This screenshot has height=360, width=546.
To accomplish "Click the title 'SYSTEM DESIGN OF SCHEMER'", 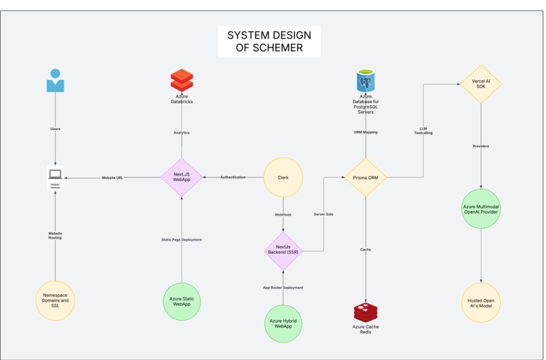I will tap(269, 41).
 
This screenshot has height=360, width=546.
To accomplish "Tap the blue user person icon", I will tap(55, 80).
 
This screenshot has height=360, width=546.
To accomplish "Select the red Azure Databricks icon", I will tap(182, 80).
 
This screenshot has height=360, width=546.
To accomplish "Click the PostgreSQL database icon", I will tap(366, 81).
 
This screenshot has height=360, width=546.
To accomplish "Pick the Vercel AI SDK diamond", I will tap(480, 84).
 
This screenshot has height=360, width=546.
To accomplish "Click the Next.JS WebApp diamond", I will tap(182, 178).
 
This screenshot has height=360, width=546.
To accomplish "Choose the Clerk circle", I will tap(283, 178).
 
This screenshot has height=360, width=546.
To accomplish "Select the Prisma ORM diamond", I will tap(366, 178).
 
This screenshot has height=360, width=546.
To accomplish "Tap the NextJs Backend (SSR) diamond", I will tap(283, 250).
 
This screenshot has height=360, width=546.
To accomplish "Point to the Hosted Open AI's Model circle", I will tap(481, 302).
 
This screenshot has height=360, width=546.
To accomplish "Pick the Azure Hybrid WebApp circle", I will tap(283, 324).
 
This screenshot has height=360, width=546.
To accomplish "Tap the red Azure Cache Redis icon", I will tap(366, 313).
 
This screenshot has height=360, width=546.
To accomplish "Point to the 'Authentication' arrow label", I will tap(233, 178).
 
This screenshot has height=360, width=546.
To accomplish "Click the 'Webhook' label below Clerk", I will tap(283, 214).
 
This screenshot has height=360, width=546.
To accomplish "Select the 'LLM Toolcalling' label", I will tap(423, 130).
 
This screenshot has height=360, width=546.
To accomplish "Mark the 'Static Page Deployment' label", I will tap(182, 240).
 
